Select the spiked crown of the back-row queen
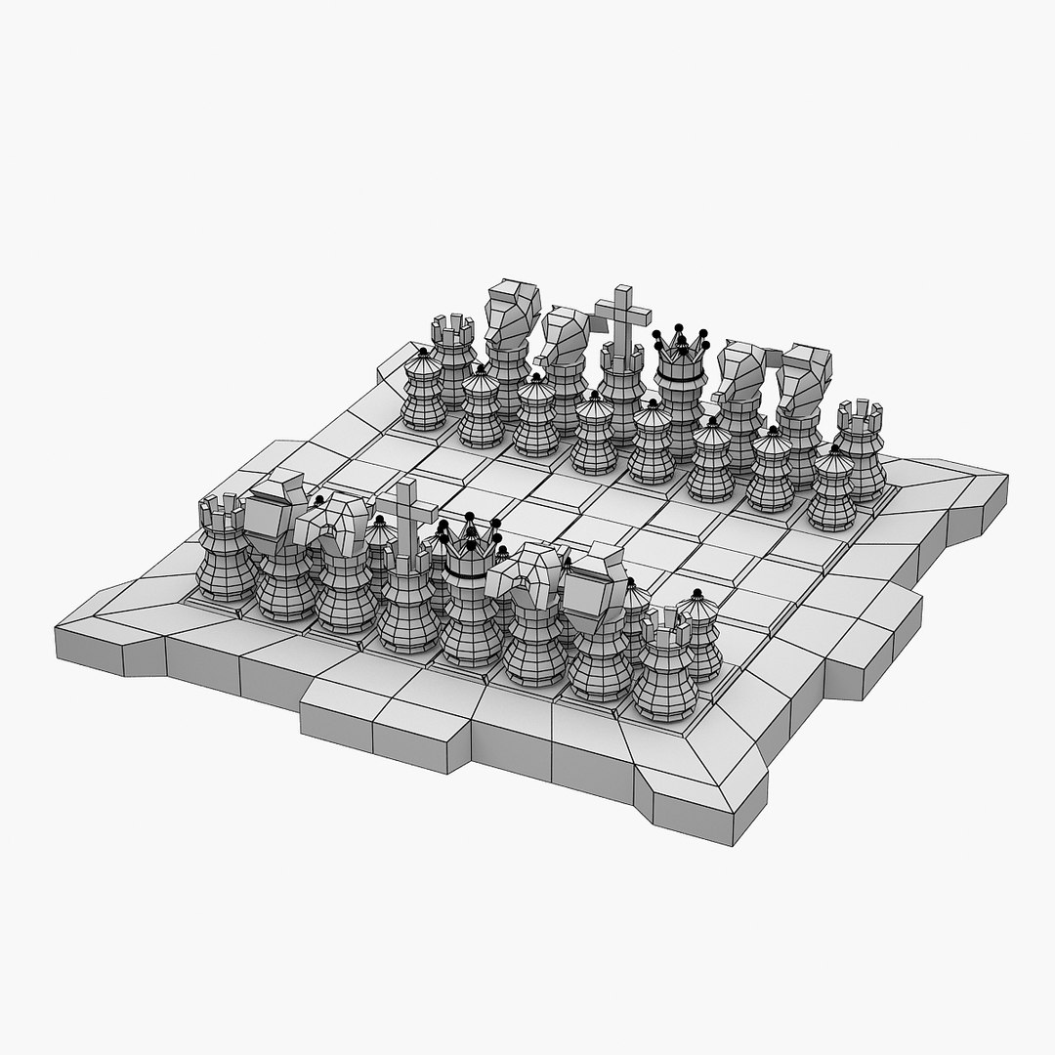680,352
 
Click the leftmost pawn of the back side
424,391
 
